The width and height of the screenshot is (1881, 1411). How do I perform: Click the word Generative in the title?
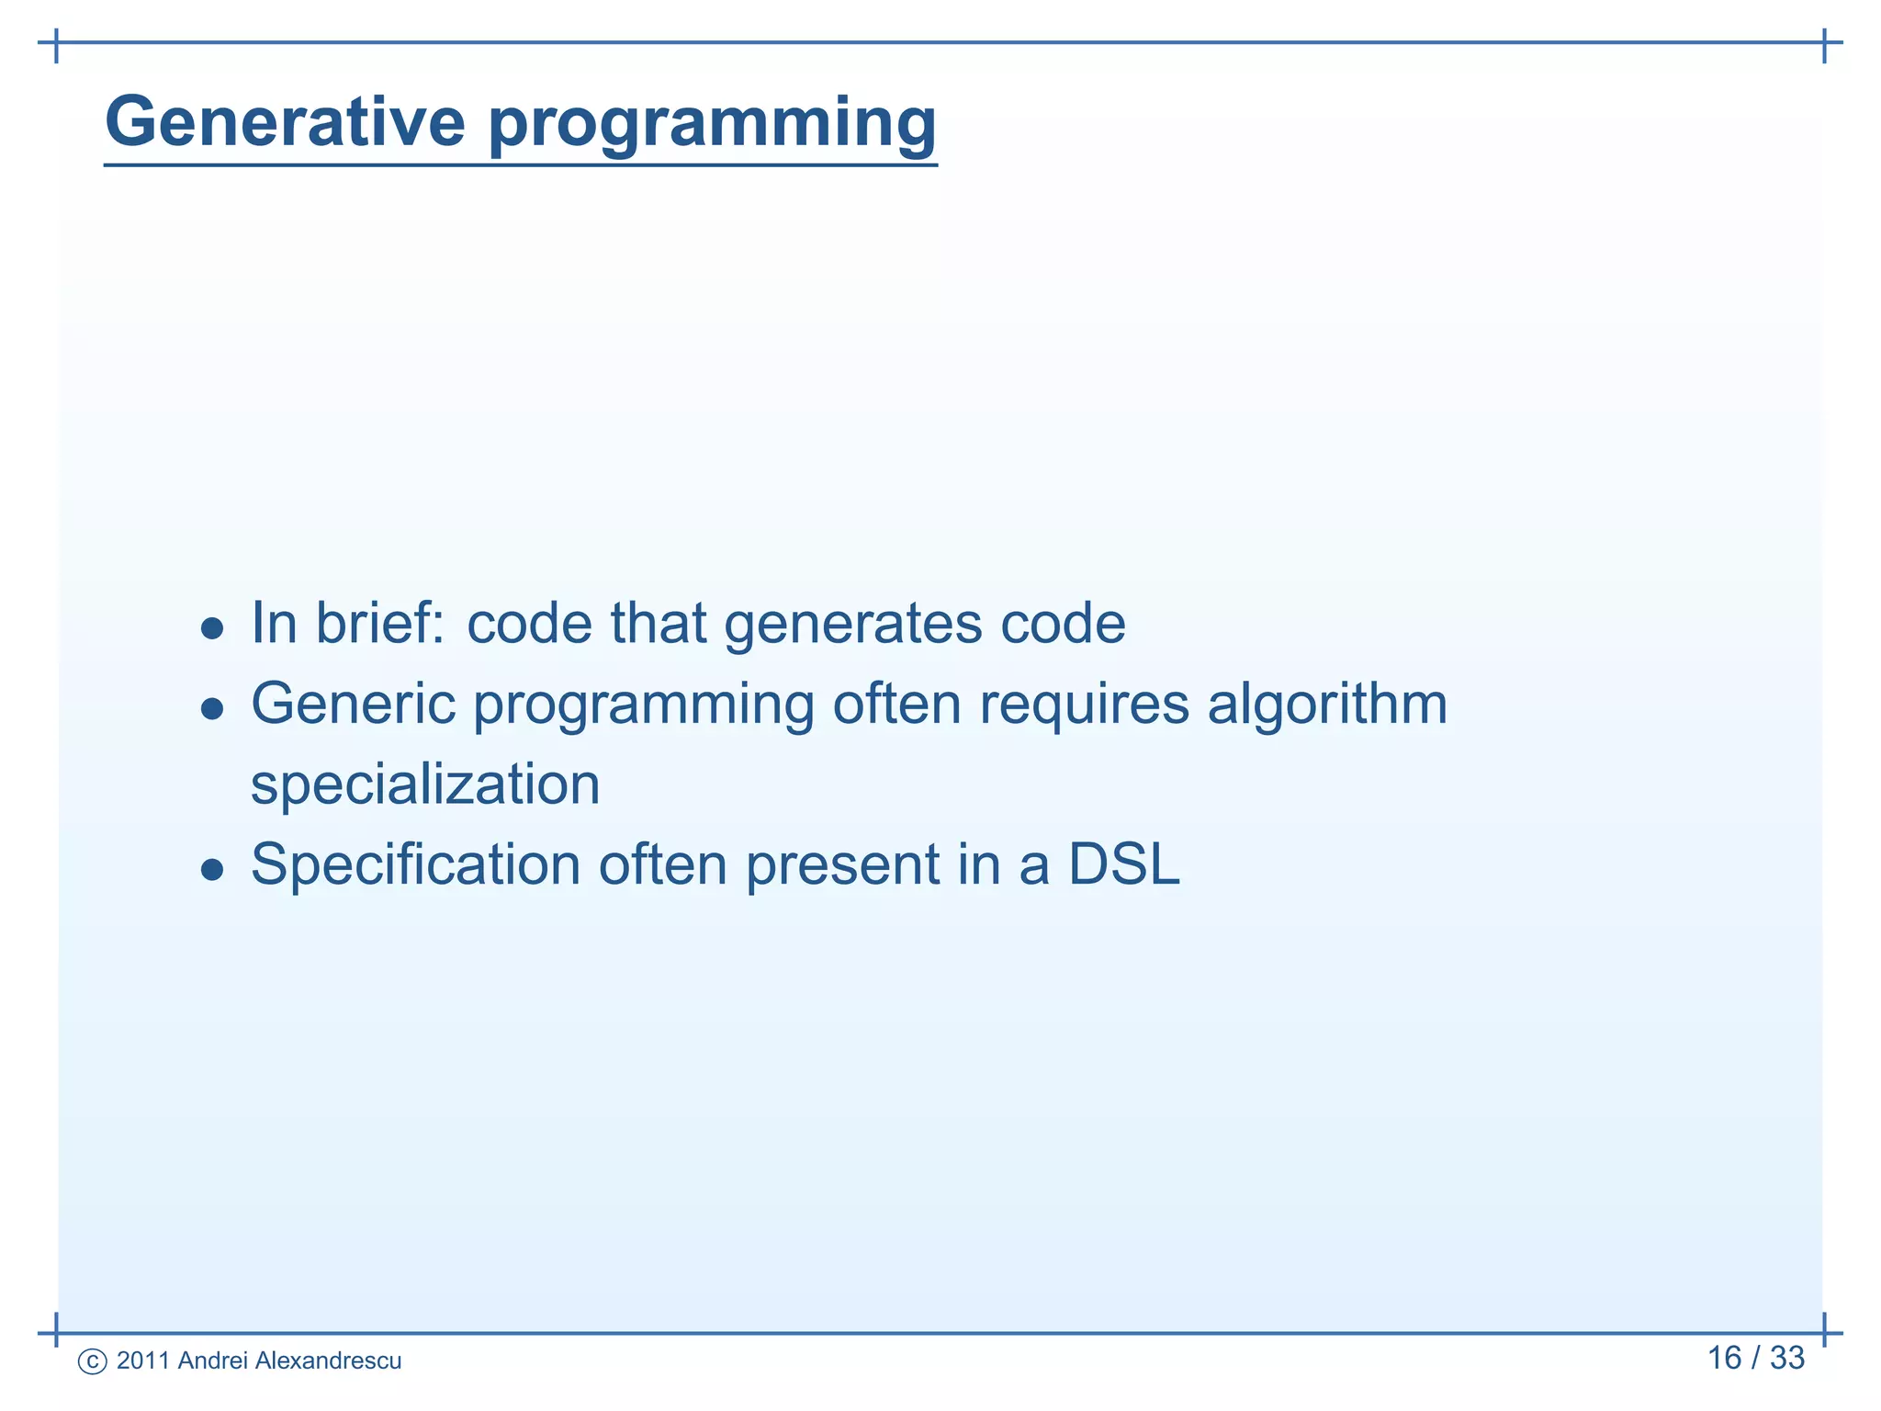click(286, 121)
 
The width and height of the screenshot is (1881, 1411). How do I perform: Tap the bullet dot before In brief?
click(212, 629)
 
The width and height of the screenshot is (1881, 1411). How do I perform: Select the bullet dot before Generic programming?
click(212, 708)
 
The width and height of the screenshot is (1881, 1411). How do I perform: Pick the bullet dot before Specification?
click(212, 869)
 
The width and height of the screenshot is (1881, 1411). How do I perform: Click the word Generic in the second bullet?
click(354, 705)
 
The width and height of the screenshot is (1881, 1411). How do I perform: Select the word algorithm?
click(1327, 705)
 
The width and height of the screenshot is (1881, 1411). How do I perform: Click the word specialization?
click(425, 785)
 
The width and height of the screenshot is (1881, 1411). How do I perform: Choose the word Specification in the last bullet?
click(416, 865)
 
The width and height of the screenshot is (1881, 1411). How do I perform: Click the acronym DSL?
click(1123, 865)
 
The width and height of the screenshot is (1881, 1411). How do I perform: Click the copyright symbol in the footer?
click(93, 1361)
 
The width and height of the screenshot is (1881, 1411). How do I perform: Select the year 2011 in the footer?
click(143, 1360)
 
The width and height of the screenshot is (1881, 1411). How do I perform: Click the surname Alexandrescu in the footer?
click(328, 1360)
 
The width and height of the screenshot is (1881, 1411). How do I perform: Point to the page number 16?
click(1724, 1358)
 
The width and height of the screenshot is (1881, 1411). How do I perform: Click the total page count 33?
click(1786, 1358)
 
